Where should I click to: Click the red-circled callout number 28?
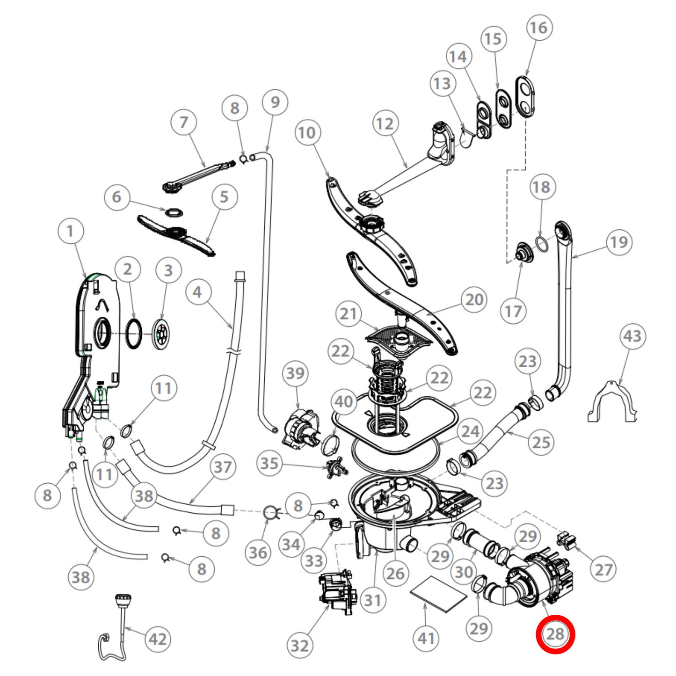tap(555, 634)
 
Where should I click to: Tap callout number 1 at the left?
tap(71, 231)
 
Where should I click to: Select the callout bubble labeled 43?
tap(632, 336)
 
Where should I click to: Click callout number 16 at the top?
tap(539, 28)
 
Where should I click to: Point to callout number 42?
tap(158, 639)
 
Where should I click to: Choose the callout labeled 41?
tap(426, 639)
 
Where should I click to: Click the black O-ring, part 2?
tap(133, 334)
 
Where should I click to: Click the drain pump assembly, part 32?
tap(335, 592)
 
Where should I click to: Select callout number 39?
tap(296, 373)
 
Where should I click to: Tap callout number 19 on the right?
tap(619, 242)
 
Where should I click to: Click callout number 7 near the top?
tap(184, 122)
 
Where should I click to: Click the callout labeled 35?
tap(269, 464)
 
